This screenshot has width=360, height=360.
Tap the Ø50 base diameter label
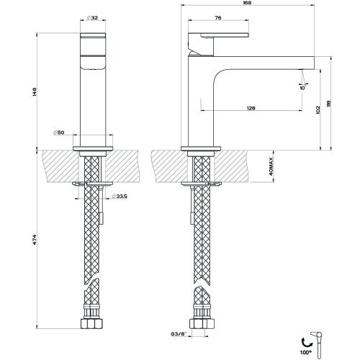pos(60,133)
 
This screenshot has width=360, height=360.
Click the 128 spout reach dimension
pos(251,108)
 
